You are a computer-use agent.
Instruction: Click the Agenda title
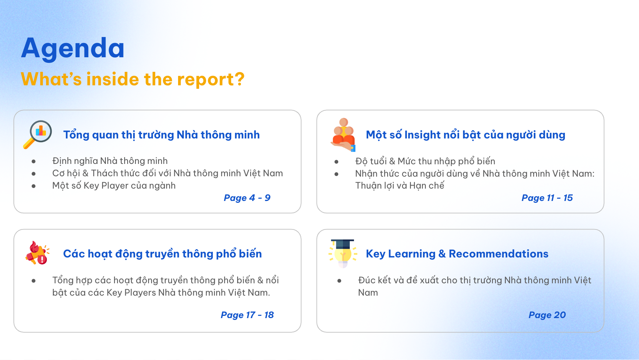coord(73,49)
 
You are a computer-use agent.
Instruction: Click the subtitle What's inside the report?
coord(133,79)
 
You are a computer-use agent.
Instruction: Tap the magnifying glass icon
coord(37,134)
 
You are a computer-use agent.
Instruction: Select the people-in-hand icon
coord(343,135)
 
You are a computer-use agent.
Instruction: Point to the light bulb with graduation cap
coord(343,253)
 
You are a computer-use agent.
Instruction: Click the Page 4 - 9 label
coord(247,198)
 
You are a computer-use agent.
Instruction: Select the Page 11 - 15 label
coord(547,198)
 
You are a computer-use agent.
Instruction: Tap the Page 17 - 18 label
coord(247,315)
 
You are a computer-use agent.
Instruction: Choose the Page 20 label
coord(547,315)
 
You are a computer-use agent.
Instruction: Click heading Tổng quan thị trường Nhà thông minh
coord(162,135)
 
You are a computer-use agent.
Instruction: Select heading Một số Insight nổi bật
coord(465,135)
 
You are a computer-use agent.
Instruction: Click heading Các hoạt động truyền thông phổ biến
coord(162,254)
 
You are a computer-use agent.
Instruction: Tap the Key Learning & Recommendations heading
coord(457,254)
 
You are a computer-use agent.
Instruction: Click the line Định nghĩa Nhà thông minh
coord(110,161)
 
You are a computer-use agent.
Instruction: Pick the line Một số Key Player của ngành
coord(114,186)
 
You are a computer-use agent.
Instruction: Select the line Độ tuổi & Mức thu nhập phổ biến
coord(425,161)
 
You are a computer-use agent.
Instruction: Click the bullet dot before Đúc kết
coord(339,281)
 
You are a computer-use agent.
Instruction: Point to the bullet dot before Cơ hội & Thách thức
coord(34,173)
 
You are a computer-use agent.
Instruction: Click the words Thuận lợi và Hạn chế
coord(400,186)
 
